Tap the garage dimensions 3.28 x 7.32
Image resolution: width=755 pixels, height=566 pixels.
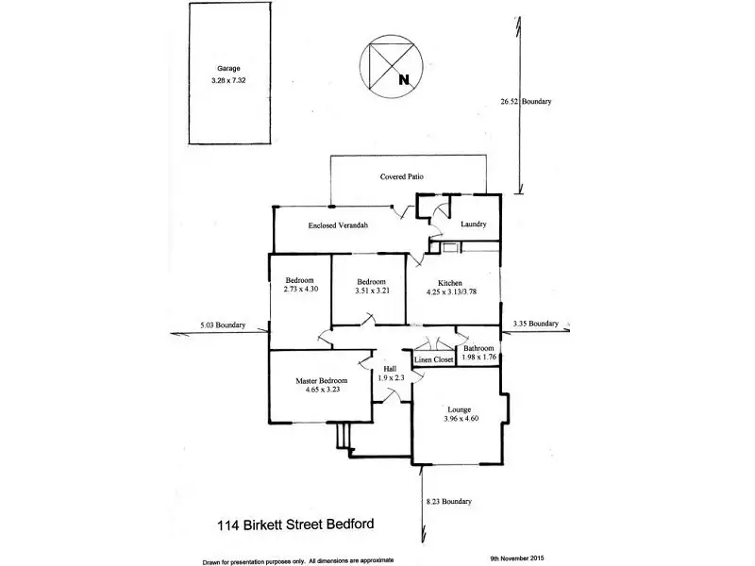pyautogui.click(x=228, y=80)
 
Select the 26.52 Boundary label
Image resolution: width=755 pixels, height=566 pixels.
pyautogui.click(x=526, y=101)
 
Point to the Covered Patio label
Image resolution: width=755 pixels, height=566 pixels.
pyautogui.click(x=402, y=176)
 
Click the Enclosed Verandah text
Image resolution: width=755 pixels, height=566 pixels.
pyautogui.click(x=337, y=226)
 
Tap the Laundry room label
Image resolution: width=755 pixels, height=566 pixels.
pyautogui.click(x=473, y=224)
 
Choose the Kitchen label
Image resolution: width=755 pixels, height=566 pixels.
pyautogui.click(x=449, y=282)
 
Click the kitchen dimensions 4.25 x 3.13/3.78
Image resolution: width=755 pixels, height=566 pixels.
pyautogui.click(x=450, y=291)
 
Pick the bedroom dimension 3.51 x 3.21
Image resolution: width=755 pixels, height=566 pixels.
pyautogui.click(x=371, y=291)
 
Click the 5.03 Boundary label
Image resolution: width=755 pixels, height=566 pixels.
pyautogui.click(x=223, y=325)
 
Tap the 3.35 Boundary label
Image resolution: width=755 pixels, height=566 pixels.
pyautogui.click(x=536, y=324)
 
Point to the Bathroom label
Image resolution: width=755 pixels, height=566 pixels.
pyautogui.click(x=478, y=348)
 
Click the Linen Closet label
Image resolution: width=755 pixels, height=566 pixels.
pyautogui.click(x=435, y=359)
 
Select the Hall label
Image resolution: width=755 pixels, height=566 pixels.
pyautogui.click(x=390, y=369)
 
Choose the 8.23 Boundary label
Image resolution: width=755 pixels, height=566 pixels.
pyautogui.click(x=448, y=501)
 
